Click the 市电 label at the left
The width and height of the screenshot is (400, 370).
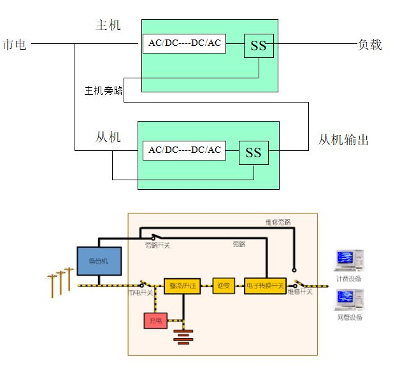tap(15, 44)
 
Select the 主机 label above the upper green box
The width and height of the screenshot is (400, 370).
tap(108, 25)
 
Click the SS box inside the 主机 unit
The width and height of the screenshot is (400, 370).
tap(259, 46)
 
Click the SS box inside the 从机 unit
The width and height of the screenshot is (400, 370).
tap(254, 152)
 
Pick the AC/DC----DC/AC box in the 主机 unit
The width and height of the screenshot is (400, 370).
tap(185, 43)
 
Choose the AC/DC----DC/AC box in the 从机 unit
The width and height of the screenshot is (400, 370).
tap(185, 150)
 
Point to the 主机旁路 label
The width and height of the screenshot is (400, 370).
tap(103, 90)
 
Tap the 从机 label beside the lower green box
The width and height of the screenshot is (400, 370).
tap(108, 136)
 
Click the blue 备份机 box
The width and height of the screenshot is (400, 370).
tap(99, 261)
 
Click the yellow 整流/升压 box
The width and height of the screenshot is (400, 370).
tap(182, 286)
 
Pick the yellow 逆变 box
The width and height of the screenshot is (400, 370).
tap(223, 286)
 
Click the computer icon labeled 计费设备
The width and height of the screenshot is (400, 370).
tap(348, 261)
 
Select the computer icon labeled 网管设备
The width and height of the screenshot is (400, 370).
tap(348, 299)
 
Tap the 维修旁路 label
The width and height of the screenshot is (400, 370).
tap(278, 222)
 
